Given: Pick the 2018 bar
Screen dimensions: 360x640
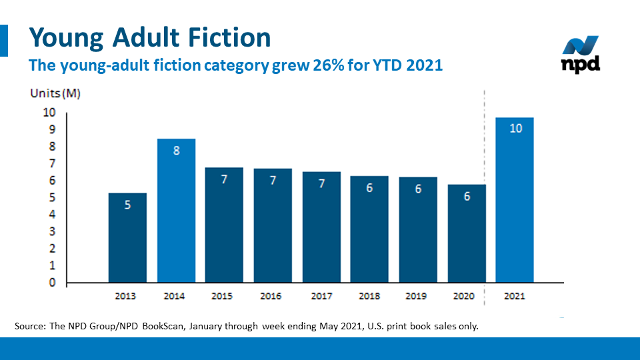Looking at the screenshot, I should tap(370, 233).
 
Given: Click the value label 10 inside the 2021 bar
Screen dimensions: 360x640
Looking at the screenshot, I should tap(515, 128).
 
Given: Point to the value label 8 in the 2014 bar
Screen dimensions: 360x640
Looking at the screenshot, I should tap(176, 151).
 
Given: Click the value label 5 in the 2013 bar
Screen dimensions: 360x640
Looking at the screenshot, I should tap(127, 205).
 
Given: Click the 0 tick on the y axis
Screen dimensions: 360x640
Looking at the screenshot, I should tap(52, 283).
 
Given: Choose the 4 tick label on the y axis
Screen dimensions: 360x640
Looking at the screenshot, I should tap(51, 215).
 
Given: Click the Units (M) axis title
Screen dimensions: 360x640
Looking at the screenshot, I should tap(55, 93).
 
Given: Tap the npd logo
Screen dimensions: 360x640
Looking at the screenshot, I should tap(580, 55).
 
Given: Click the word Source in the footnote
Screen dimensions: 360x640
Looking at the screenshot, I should tap(30, 327).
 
